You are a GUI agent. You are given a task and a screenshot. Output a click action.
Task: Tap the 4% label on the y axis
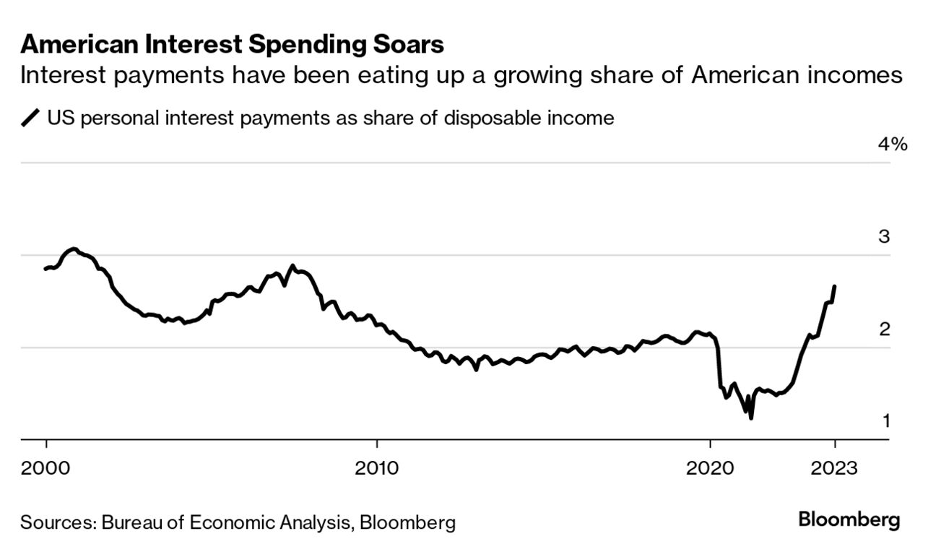[891, 145]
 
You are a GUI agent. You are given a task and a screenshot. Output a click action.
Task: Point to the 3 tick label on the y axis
[884, 237]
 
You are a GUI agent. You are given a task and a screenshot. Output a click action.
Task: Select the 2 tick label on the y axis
[884, 329]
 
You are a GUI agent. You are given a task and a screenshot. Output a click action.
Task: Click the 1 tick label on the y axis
[885, 421]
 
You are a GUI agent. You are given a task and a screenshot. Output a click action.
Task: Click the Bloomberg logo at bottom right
[849, 519]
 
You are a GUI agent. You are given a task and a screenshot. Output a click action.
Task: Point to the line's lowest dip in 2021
[751, 418]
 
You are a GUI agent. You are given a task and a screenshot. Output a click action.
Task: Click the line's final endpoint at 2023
[835, 287]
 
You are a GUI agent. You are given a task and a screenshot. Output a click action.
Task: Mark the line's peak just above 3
[74, 249]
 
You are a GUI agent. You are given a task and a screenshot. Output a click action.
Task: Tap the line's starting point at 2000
[45, 269]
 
